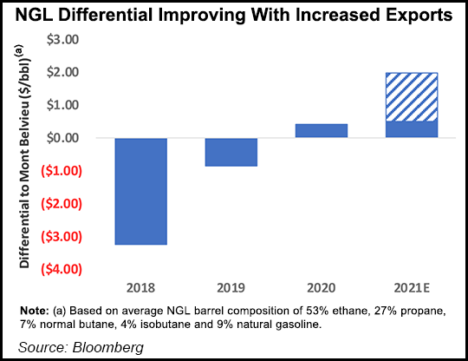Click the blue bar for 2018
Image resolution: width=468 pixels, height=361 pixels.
click(x=140, y=191)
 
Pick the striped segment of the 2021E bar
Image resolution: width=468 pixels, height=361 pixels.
click(x=412, y=97)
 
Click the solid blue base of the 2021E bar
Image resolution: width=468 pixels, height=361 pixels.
click(x=412, y=129)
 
